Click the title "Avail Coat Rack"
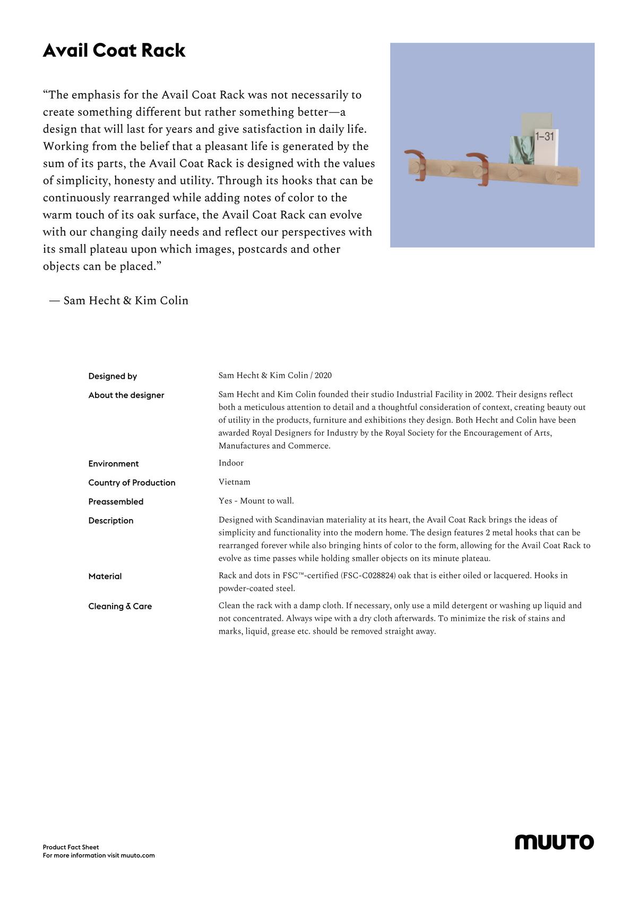[x=114, y=50]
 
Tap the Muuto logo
[x=554, y=842]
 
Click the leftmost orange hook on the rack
[x=416, y=161]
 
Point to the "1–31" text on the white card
[x=545, y=137]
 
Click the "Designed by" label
[x=113, y=376]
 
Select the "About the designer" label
[x=126, y=395]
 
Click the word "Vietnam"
[x=234, y=482]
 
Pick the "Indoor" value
[x=231, y=463]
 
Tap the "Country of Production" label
[x=132, y=482]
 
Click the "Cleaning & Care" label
[x=120, y=606]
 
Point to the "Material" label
[x=105, y=576]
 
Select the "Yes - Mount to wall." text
[x=256, y=501]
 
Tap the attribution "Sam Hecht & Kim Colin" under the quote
[x=126, y=301]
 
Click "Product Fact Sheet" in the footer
[x=71, y=847]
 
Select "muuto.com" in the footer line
[x=137, y=855]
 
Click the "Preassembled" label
[x=116, y=501]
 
